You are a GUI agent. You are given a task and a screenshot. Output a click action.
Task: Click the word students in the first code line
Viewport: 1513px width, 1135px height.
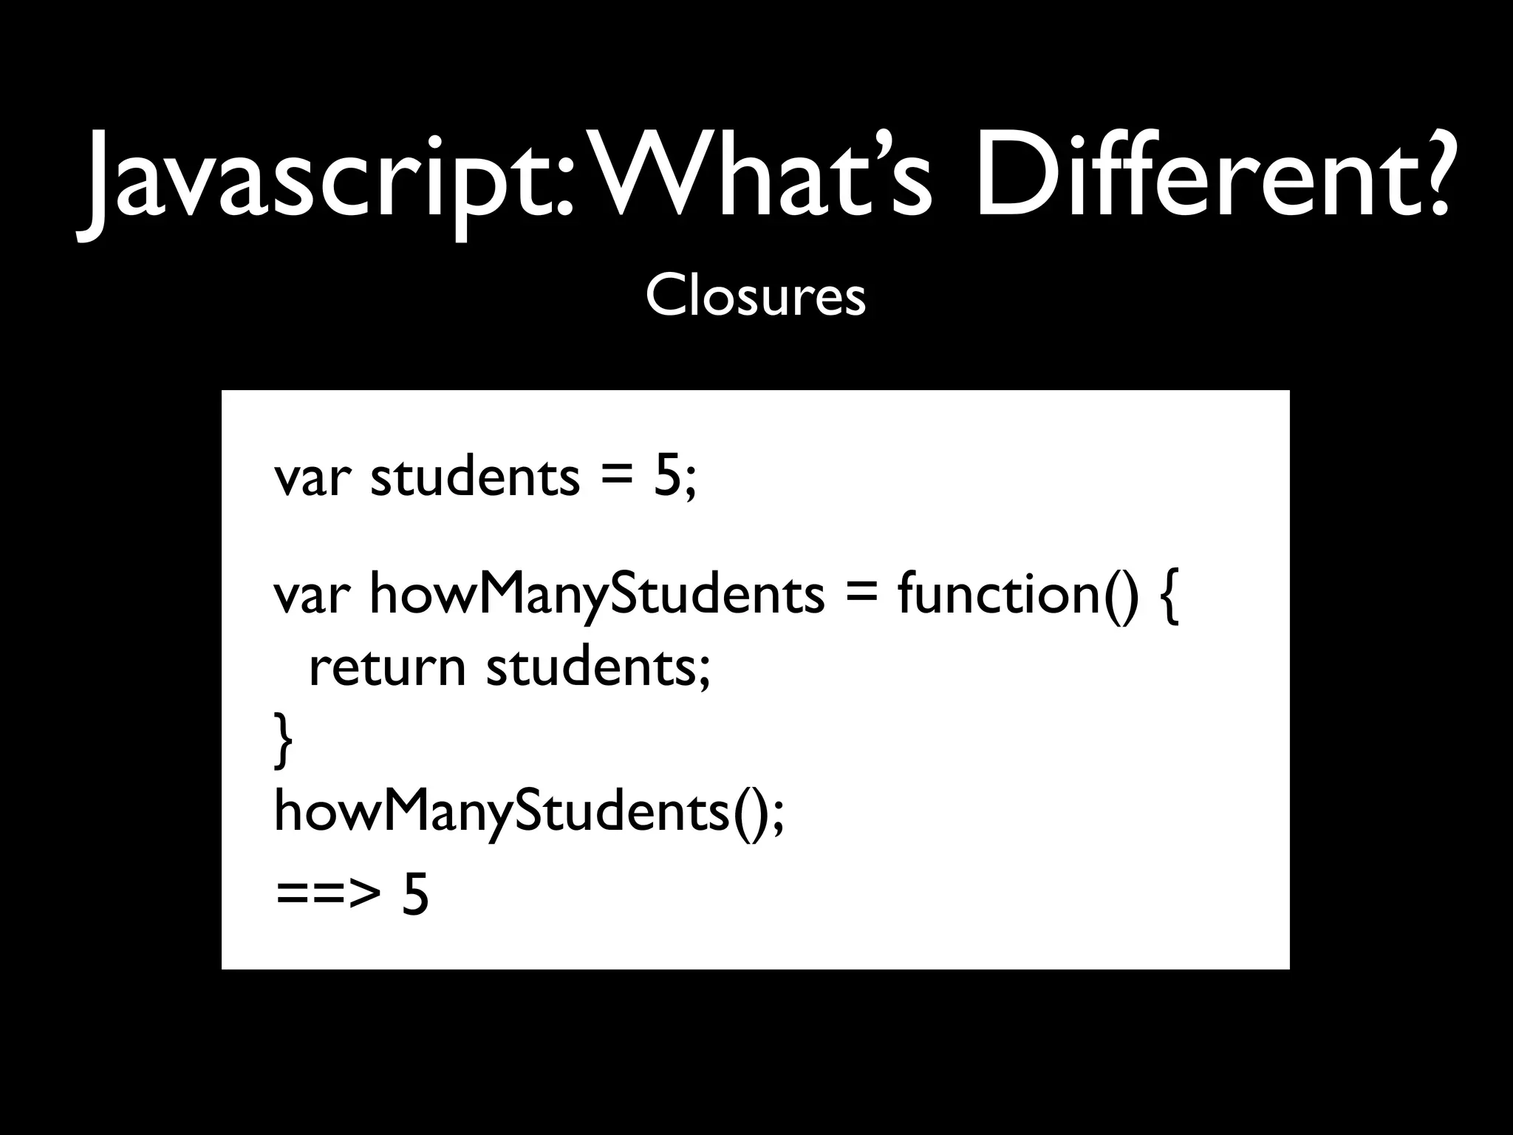(475, 477)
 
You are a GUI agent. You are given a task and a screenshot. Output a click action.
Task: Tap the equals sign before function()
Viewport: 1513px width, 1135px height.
(861, 595)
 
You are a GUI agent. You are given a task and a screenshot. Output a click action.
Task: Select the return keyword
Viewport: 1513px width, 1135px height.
(386, 667)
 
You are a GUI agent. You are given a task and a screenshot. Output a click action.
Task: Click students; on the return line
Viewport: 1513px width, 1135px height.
(598, 667)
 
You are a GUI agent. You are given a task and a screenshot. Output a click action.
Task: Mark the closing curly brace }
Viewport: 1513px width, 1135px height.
(283, 739)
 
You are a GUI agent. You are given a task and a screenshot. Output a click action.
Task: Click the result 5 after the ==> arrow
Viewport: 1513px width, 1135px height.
(414, 893)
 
